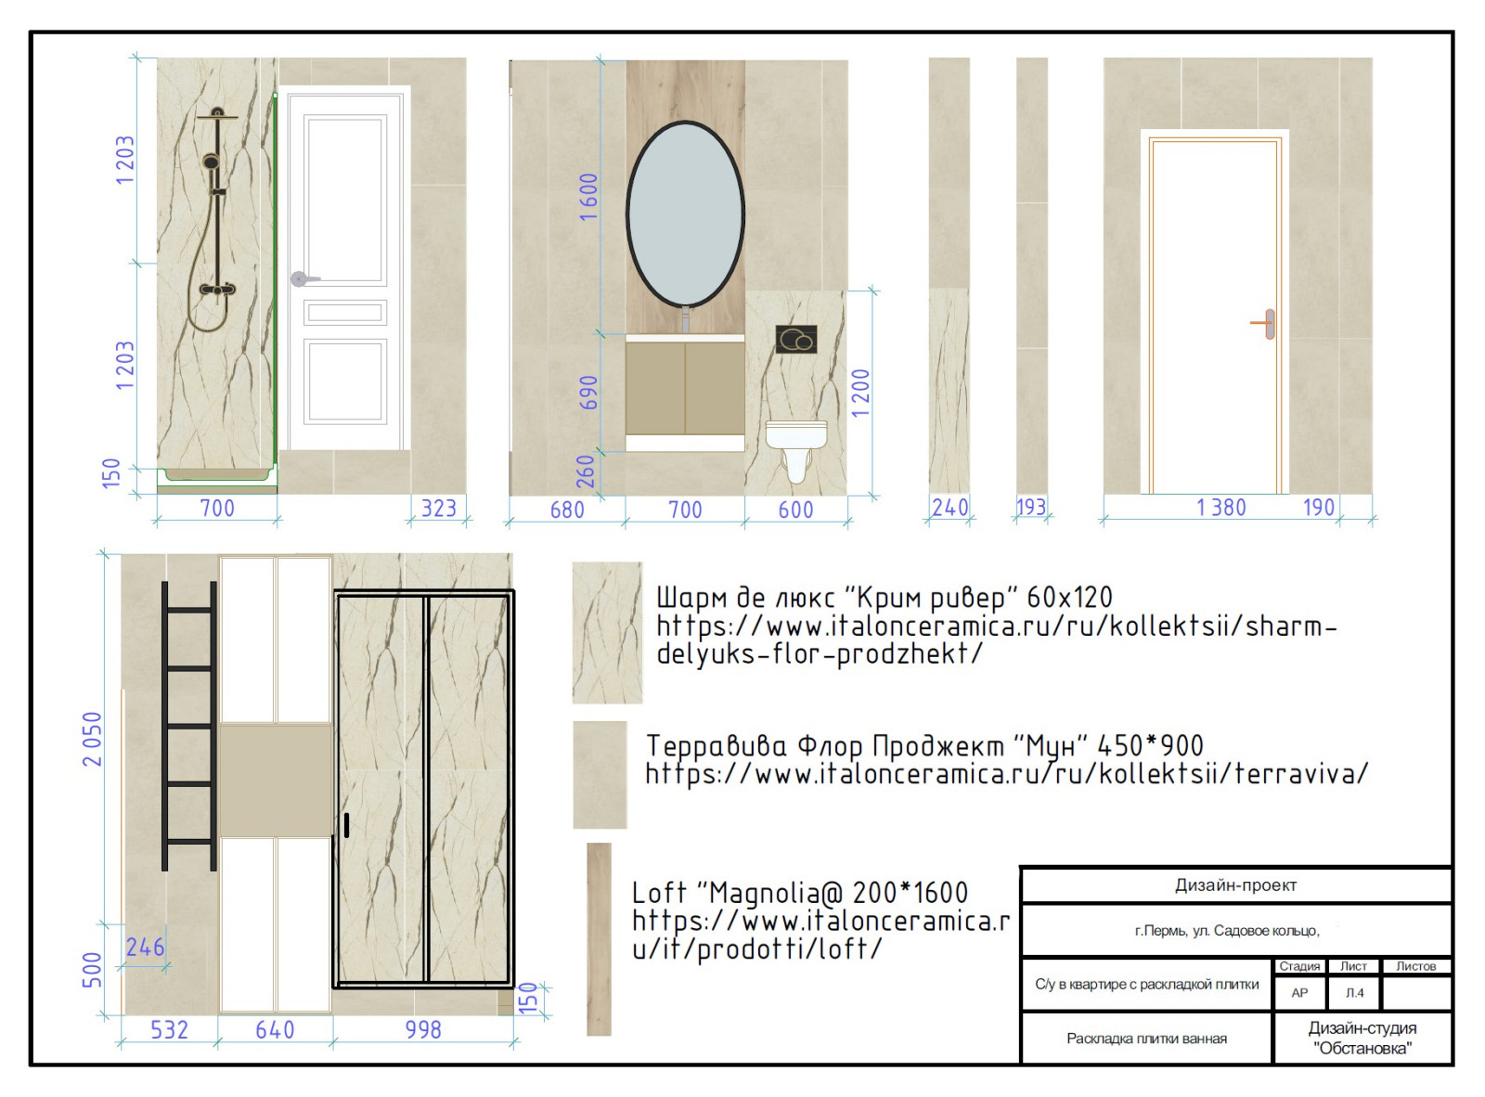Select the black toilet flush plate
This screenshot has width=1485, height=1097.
796,340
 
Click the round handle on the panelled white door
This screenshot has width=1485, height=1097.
299,278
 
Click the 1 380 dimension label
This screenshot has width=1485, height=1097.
1221,508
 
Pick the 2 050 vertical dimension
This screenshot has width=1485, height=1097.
93,739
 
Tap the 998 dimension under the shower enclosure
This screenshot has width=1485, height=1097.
423,1029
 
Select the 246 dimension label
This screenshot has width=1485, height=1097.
146,948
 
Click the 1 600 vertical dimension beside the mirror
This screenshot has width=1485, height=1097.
588,197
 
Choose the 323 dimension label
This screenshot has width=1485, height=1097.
438,509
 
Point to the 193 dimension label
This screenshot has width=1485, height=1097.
1031,507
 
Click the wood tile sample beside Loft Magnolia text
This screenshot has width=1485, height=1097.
599,939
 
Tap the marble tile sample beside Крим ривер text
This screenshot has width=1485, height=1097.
607,632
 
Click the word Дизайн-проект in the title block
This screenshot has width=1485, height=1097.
1236,885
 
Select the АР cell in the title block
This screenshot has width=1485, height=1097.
1299,992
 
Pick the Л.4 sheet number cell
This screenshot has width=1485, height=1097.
1354,992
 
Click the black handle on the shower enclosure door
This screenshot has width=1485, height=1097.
346,825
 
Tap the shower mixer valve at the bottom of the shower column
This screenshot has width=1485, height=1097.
217,290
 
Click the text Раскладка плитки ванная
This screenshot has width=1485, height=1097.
1146,1039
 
